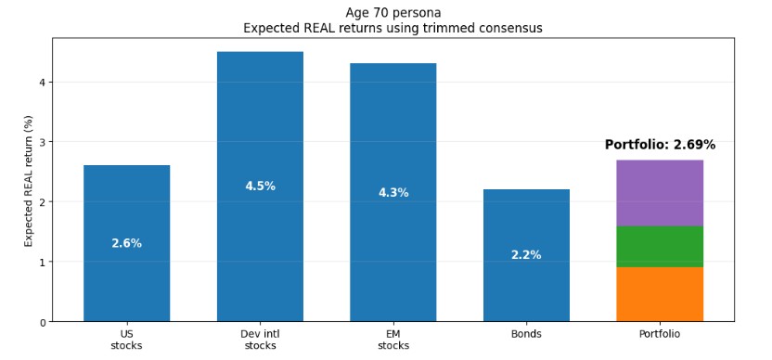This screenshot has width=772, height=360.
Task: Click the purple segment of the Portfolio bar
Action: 659,193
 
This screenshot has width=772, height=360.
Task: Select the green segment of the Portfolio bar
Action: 659,247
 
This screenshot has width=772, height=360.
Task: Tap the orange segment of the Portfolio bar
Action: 659,294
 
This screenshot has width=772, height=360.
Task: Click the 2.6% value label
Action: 126,244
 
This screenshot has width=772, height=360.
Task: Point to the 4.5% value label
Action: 260,186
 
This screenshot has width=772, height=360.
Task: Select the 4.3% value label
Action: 392,193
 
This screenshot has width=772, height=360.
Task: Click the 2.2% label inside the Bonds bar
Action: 526,255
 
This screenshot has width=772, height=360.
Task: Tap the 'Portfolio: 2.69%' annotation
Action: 660,146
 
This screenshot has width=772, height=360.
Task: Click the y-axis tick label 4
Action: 42,83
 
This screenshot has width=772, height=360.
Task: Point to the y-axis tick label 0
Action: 42,322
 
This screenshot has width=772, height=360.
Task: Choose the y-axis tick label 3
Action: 42,142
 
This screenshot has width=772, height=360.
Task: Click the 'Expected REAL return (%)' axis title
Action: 29,181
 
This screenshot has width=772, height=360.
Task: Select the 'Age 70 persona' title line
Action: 392,12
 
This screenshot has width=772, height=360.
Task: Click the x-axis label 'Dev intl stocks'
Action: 260,340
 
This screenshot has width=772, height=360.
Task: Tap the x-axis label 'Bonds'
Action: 526,334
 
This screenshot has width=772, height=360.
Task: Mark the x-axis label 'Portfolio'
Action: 659,334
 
